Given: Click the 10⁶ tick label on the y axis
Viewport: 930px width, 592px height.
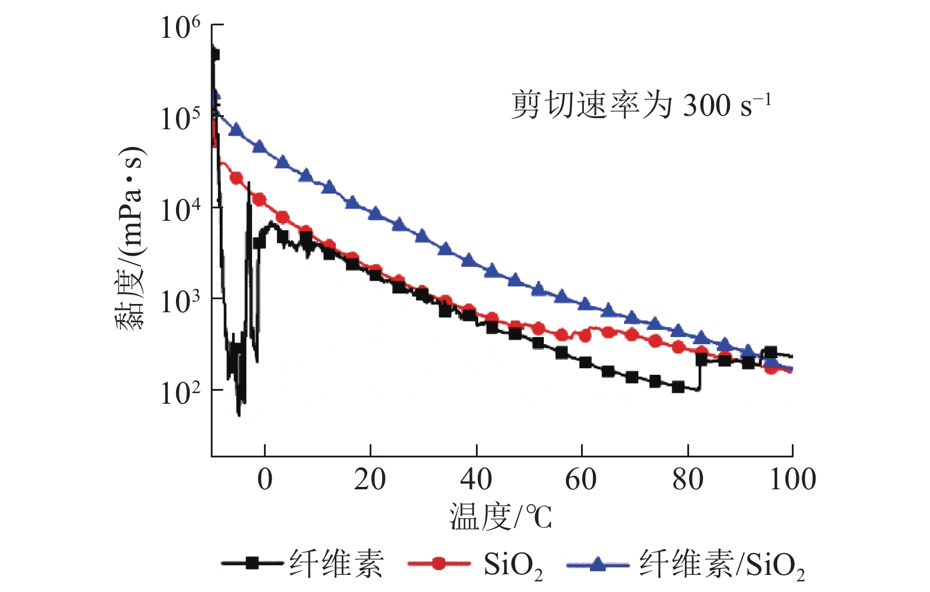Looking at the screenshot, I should pos(180,27).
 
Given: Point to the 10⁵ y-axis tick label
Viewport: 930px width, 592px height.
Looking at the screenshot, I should pos(180,118).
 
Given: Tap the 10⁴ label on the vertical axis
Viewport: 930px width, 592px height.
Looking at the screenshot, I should pos(180,210).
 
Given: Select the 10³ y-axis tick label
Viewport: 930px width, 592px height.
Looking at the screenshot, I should pos(180,301).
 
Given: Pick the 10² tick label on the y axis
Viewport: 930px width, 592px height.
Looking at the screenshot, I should pos(180,393).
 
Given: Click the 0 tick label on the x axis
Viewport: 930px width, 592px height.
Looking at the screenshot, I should pos(265,479).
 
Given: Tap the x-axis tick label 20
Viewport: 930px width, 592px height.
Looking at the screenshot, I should pos(370,479).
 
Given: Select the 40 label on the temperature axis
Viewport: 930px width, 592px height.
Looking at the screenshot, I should pos(476,479).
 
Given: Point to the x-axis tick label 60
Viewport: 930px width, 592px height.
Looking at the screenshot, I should pos(581,479).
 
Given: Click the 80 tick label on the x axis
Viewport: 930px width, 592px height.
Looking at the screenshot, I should pos(687,479).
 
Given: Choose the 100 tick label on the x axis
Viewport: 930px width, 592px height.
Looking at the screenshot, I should pos(792,479).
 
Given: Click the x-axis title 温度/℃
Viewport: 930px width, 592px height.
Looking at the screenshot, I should pos(501,517).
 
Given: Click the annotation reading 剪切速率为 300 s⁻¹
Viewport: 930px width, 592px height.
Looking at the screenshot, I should pos(641,105).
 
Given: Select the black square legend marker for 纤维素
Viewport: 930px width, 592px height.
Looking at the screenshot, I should pos(252,563).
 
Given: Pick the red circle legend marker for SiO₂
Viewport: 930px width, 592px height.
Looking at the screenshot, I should pos(438,563).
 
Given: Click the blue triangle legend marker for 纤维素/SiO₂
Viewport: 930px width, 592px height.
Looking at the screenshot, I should pos(598,563).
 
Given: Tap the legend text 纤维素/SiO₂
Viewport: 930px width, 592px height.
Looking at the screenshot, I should pos(722,564).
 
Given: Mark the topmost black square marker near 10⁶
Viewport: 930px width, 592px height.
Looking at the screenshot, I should pos(214,54).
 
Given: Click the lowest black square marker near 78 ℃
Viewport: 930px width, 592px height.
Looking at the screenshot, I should pos(678,387).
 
